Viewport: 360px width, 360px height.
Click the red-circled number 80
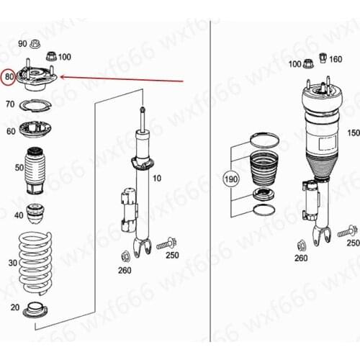coord(9,77)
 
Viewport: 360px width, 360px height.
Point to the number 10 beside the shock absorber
coord(157,178)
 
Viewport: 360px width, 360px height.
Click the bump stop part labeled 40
coord(35,214)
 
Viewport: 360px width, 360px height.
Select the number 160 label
coord(336,60)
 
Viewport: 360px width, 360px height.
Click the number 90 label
coord(22,44)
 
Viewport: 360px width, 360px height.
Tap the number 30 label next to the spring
coord(12,264)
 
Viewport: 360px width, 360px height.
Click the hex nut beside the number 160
coord(322,60)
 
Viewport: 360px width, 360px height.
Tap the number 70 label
coord(10,105)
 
